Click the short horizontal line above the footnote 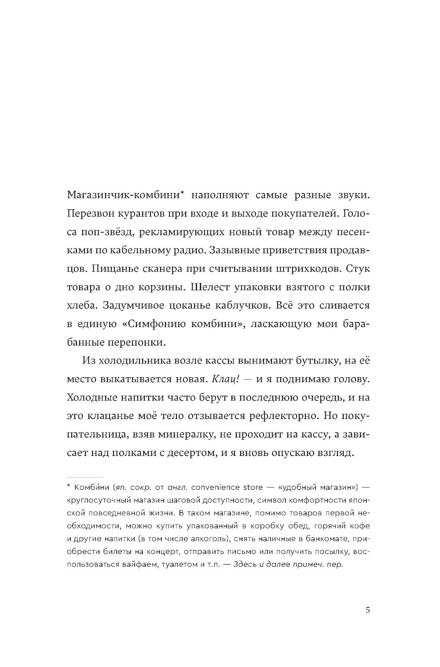[85, 477]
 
